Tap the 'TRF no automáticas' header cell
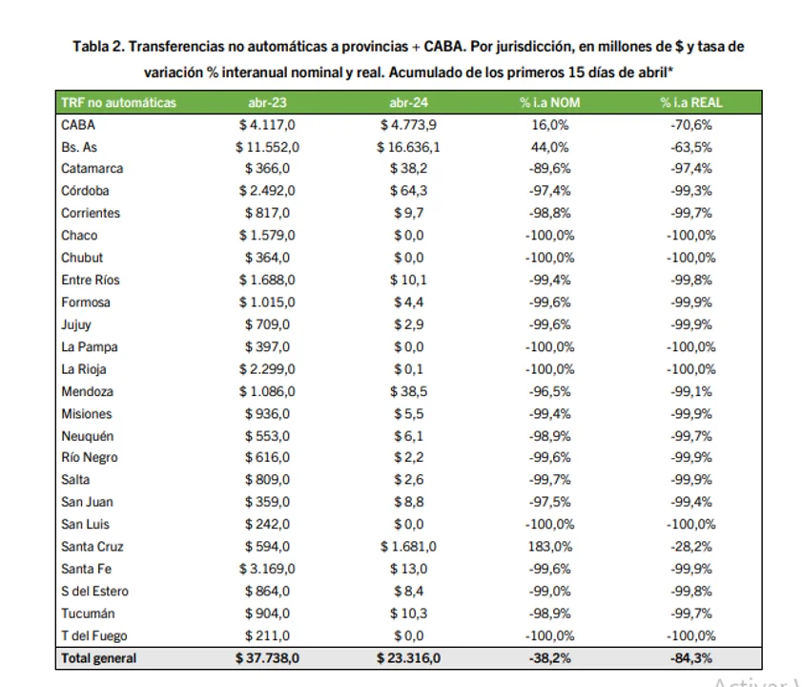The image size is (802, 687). tap(118, 103)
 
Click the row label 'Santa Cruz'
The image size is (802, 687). tap(93, 547)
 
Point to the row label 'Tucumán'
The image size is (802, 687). tap(88, 614)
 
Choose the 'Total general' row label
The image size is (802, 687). tap(99, 658)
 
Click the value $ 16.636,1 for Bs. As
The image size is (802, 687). tap(409, 147)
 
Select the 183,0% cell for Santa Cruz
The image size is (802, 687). tap(549, 547)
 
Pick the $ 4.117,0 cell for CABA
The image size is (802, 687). tap(268, 125)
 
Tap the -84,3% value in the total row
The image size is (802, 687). tap(691, 658)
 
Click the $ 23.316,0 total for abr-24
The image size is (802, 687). tap(409, 658)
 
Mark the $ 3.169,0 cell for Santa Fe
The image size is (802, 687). tap(268, 569)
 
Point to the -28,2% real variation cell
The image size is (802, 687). tap(691, 547)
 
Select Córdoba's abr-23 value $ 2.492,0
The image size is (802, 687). tap(268, 191)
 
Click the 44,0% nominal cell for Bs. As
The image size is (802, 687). tap(549, 147)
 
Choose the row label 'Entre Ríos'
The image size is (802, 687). tap(91, 281)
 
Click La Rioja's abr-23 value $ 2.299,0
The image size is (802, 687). tap(268, 369)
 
